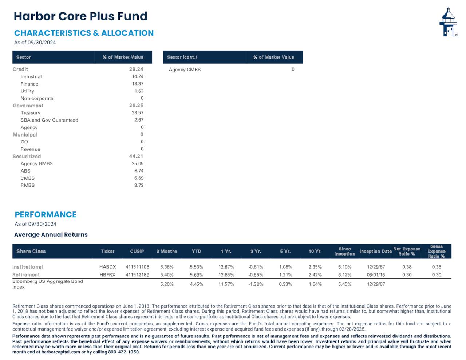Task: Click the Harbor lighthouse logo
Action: (448, 23)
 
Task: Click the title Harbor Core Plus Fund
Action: (80, 16)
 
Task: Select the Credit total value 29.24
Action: (136, 69)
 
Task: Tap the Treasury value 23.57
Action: (138, 113)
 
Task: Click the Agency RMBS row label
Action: (36, 163)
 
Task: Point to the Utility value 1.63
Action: (139, 91)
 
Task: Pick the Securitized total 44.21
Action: (136, 156)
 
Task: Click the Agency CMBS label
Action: (185, 70)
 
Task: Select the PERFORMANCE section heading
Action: (46, 215)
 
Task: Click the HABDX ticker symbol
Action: (108, 267)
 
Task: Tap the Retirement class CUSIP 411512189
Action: (137, 275)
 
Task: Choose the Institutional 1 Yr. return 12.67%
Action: (226, 267)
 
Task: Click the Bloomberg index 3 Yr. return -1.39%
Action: (256, 284)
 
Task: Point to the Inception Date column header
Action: (375, 252)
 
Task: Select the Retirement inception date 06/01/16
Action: (376, 275)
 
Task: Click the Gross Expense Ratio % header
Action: (436, 252)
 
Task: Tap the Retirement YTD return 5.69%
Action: (197, 275)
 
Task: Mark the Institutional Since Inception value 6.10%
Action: (345, 267)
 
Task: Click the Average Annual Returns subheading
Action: (51, 235)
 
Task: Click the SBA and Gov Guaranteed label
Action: (49, 120)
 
